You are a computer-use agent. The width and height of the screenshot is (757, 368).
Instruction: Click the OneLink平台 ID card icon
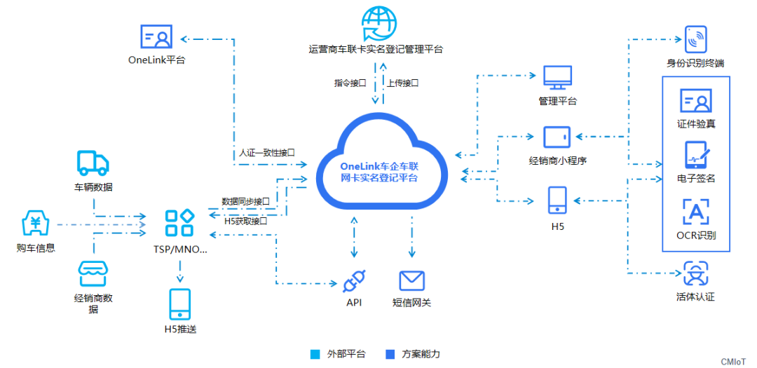coord(156,36)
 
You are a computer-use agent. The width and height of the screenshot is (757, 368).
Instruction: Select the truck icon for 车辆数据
coord(93,163)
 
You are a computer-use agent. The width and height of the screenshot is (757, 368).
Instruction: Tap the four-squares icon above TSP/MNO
coord(179,224)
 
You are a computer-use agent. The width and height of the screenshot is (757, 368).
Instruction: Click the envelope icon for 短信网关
coord(412,280)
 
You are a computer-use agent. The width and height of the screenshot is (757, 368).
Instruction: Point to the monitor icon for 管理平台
coord(557,78)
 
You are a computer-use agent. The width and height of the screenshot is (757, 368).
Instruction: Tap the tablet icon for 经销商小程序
coord(557,137)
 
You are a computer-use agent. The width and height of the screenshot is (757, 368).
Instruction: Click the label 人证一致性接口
coord(266,151)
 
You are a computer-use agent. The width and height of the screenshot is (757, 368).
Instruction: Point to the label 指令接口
coord(350,83)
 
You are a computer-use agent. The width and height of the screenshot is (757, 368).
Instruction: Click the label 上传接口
coord(402,83)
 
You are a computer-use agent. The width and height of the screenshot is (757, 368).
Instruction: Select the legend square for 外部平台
coord(315,354)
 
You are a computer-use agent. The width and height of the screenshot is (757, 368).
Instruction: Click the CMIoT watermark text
coord(735,361)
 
